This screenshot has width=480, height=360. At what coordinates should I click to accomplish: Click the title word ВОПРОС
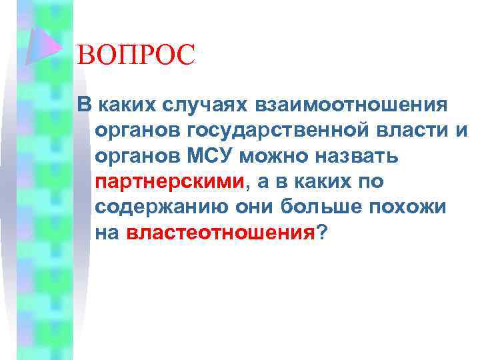point(136,55)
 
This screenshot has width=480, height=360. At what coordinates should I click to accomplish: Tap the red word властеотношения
point(219,233)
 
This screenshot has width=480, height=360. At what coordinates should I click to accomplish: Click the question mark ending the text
point(322,233)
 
